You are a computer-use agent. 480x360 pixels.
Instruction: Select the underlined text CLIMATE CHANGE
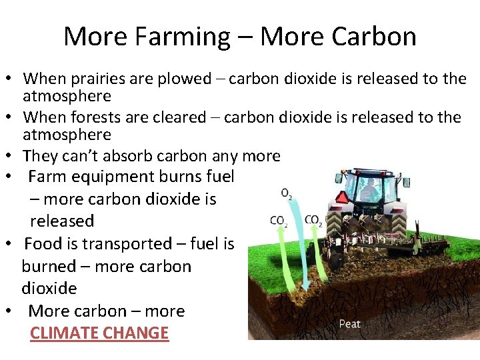coord(99,333)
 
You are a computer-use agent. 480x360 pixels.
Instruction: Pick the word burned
coord(49,266)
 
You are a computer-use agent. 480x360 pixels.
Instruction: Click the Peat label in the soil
coord(349,324)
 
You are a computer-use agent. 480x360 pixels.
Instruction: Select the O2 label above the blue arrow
coord(286,194)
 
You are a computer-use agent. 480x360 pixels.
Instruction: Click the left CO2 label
coord(279,221)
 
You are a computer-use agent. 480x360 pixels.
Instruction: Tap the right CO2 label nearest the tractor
coord(313,221)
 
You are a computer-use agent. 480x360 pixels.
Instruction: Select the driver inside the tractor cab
coord(368,190)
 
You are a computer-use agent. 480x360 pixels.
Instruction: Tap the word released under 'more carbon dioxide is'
coord(62,221)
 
